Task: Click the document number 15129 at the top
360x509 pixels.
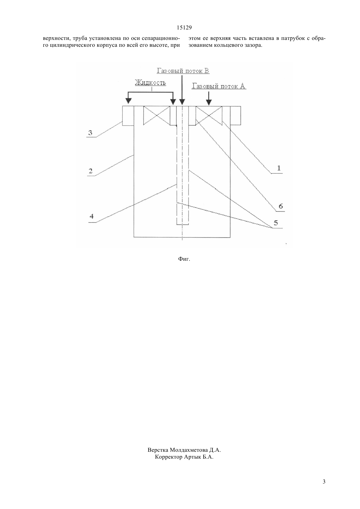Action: coord(184,28)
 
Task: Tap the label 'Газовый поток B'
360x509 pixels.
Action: coord(183,71)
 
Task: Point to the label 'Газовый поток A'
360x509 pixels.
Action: coord(219,86)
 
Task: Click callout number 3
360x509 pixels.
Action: coord(90,133)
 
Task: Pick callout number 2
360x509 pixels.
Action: coord(91,171)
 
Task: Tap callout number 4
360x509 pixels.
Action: coord(92,216)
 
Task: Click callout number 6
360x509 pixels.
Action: coord(281,206)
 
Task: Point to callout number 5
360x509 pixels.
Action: coord(276,223)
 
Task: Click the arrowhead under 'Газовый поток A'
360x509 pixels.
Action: coord(209,102)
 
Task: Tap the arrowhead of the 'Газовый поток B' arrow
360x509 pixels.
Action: coord(182,102)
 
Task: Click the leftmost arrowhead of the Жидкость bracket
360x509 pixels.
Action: coord(128,102)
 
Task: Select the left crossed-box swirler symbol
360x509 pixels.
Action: coord(156,116)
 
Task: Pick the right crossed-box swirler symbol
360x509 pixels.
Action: coord(209,116)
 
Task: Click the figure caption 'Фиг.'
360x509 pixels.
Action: coord(184,259)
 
